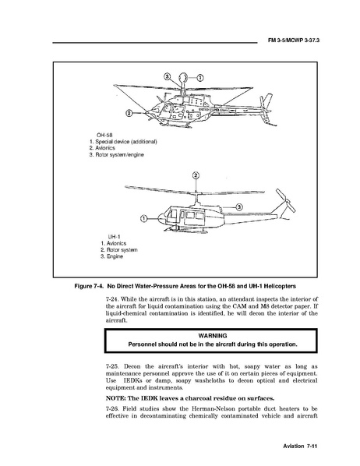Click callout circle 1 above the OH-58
[200, 78]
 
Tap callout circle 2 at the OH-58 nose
[129, 113]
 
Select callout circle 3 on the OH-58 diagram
[168, 76]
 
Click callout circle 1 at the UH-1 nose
[143, 219]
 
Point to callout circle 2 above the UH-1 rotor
[196, 175]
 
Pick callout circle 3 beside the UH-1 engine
[239, 207]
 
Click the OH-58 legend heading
[104, 136]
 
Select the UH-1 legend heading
[114, 237]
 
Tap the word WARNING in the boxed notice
[213, 336]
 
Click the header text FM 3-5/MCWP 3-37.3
[294, 41]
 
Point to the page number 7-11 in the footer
[312, 446]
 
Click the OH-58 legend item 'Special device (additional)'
[126, 142]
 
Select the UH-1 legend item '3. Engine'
[111, 256]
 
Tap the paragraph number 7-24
[112, 299]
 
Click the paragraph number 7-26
[112, 408]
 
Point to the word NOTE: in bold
[116, 398]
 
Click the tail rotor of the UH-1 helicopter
[285, 200]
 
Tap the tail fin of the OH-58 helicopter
[266, 103]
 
